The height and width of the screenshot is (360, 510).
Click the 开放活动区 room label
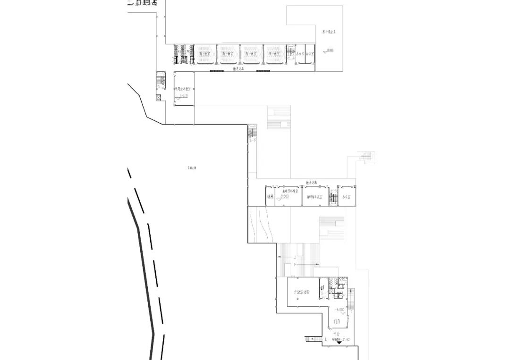[302, 292]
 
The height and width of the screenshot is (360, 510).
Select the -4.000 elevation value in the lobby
[340, 310]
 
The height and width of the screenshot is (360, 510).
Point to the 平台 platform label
[337, 334]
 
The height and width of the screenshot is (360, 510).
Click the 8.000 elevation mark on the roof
[330, 50]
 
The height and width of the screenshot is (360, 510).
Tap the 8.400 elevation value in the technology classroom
[183, 95]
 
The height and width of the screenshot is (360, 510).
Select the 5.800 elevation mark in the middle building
[284, 196]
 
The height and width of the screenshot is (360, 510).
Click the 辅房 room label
[270, 196]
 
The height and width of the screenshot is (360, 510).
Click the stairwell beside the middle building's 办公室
[333, 197]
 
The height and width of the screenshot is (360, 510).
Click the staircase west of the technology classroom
[161, 80]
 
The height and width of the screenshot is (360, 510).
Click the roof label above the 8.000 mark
[329, 33]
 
